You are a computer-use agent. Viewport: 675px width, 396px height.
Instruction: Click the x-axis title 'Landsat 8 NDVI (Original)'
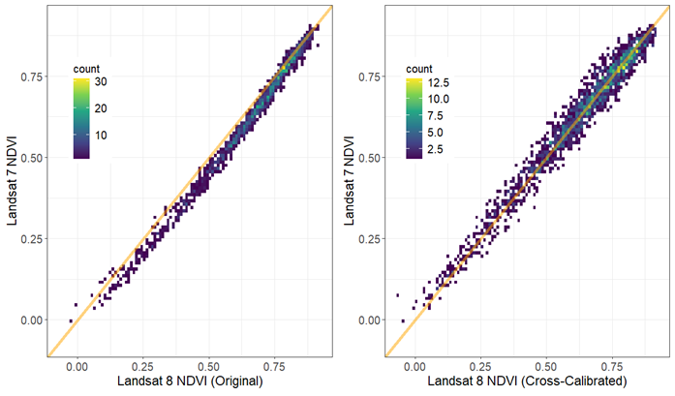pyautogui.click(x=190, y=382)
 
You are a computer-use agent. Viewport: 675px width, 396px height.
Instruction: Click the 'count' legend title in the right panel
pyautogui.click(x=419, y=69)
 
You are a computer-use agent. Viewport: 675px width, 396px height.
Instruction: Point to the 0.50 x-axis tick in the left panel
pyautogui.click(x=209, y=367)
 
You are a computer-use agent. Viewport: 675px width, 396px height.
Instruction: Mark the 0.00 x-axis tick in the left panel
pyautogui.click(x=77, y=367)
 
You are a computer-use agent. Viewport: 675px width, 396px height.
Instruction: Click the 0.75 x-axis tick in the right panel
pyautogui.click(x=612, y=367)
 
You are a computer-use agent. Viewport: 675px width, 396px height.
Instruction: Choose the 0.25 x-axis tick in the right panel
pyautogui.click(x=480, y=367)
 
